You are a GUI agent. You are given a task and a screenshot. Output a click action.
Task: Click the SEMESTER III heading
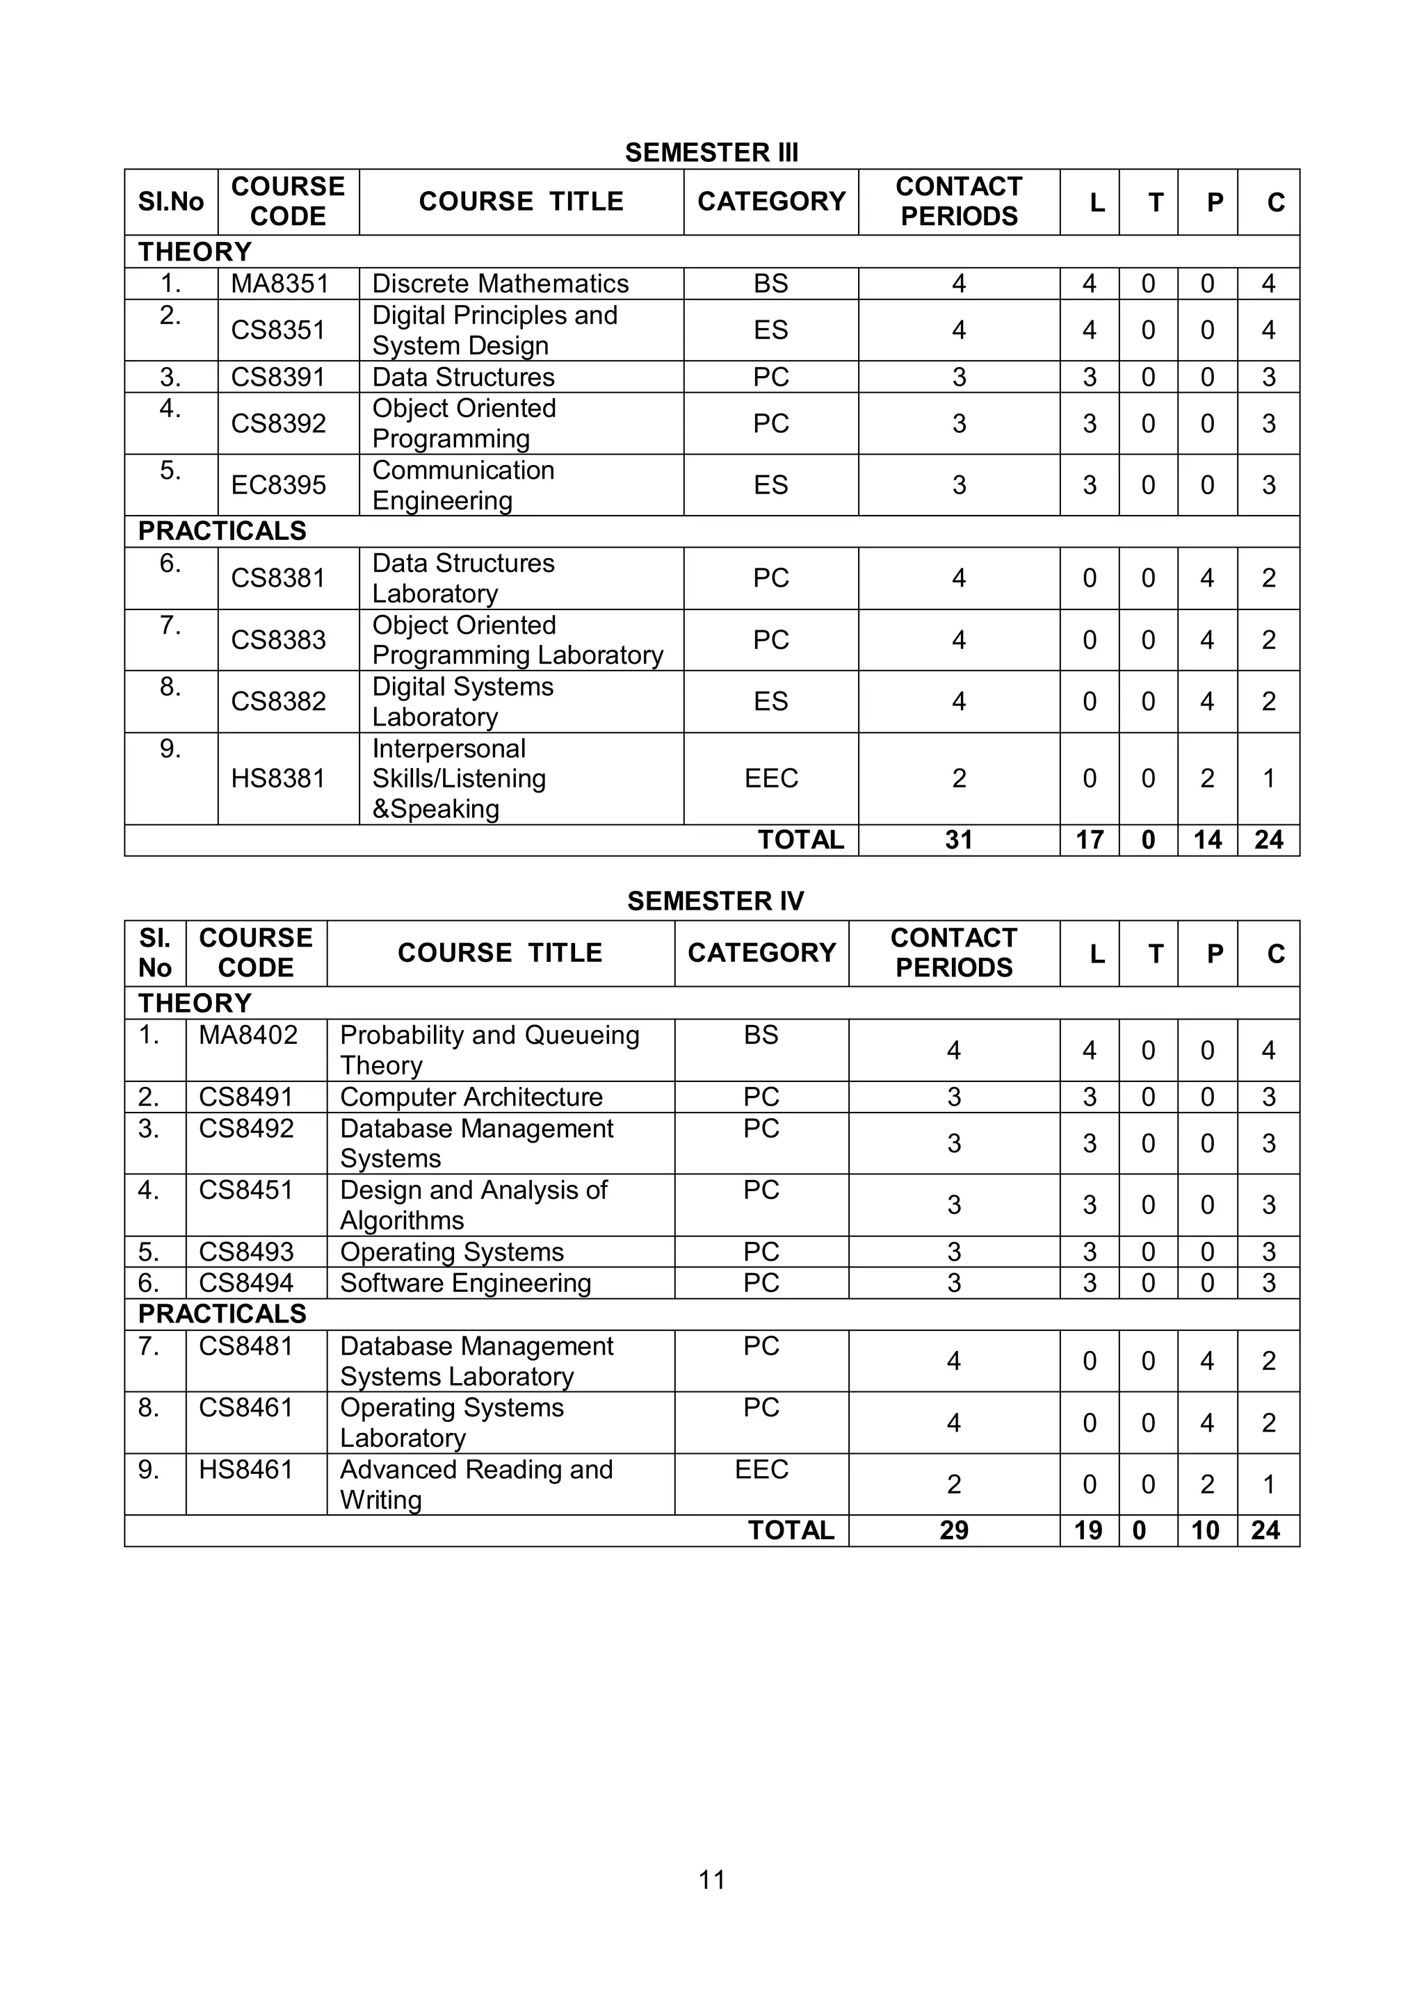click(711, 153)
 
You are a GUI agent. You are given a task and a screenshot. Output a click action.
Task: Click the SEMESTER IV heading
click(715, 901)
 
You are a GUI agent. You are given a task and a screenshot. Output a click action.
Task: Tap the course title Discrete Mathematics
click(500, 284)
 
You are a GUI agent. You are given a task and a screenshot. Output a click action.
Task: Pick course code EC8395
click(278, 485)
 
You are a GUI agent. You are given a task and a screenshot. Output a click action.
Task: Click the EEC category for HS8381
click(770, 779)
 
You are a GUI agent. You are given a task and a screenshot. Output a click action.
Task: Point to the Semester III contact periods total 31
click(958, 840)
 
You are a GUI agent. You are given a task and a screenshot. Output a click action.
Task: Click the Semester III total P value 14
click(1207, 840)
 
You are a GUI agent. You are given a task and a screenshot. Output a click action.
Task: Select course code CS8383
click(278, 640)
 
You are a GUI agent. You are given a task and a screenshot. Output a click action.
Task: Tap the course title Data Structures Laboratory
click(463, 578)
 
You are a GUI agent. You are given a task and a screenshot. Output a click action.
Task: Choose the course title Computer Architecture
click(471, 1097)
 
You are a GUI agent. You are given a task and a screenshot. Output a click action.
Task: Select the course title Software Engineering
click(465, 1284)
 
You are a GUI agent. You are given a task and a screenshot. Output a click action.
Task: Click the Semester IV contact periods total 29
click(954, 1531)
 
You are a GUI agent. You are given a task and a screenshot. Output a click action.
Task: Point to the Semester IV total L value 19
click(1088, 1531)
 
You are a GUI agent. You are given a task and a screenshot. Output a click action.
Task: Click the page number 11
click(711, 1880)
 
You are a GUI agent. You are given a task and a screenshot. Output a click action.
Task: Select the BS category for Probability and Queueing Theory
click(761, 1035)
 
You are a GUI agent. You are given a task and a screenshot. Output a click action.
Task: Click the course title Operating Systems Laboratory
click(452, 1423)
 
